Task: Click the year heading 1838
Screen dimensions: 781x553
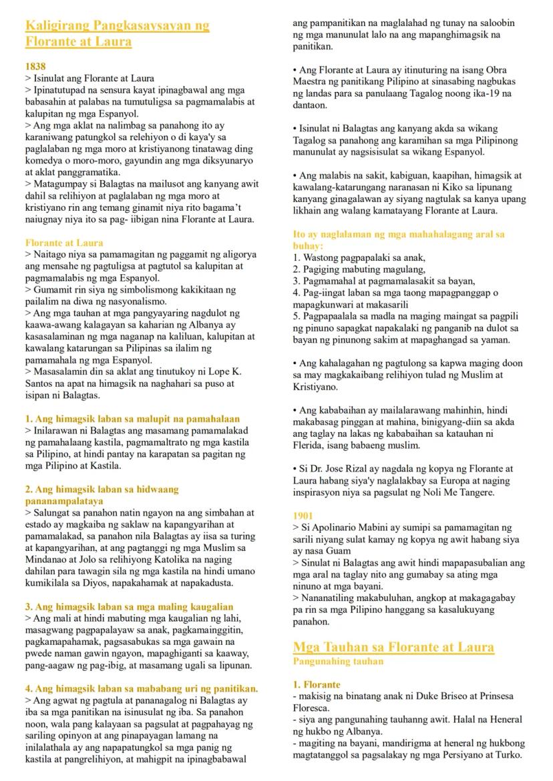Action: tap(35, 67)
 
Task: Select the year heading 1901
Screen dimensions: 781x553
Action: tap(303, 516)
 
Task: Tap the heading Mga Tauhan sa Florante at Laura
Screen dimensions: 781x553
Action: tap(393, 647)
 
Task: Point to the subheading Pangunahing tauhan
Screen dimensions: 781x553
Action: tap(338, 661)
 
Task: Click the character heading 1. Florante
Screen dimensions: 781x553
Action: tap(317, 684)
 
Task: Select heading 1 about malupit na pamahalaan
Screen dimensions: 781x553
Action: tap(132, 419)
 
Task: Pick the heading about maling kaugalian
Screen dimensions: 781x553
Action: tap(130, 606)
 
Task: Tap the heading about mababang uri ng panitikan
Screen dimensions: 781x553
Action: tap(142, 688)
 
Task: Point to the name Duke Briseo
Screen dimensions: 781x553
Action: tap(425, 696)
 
